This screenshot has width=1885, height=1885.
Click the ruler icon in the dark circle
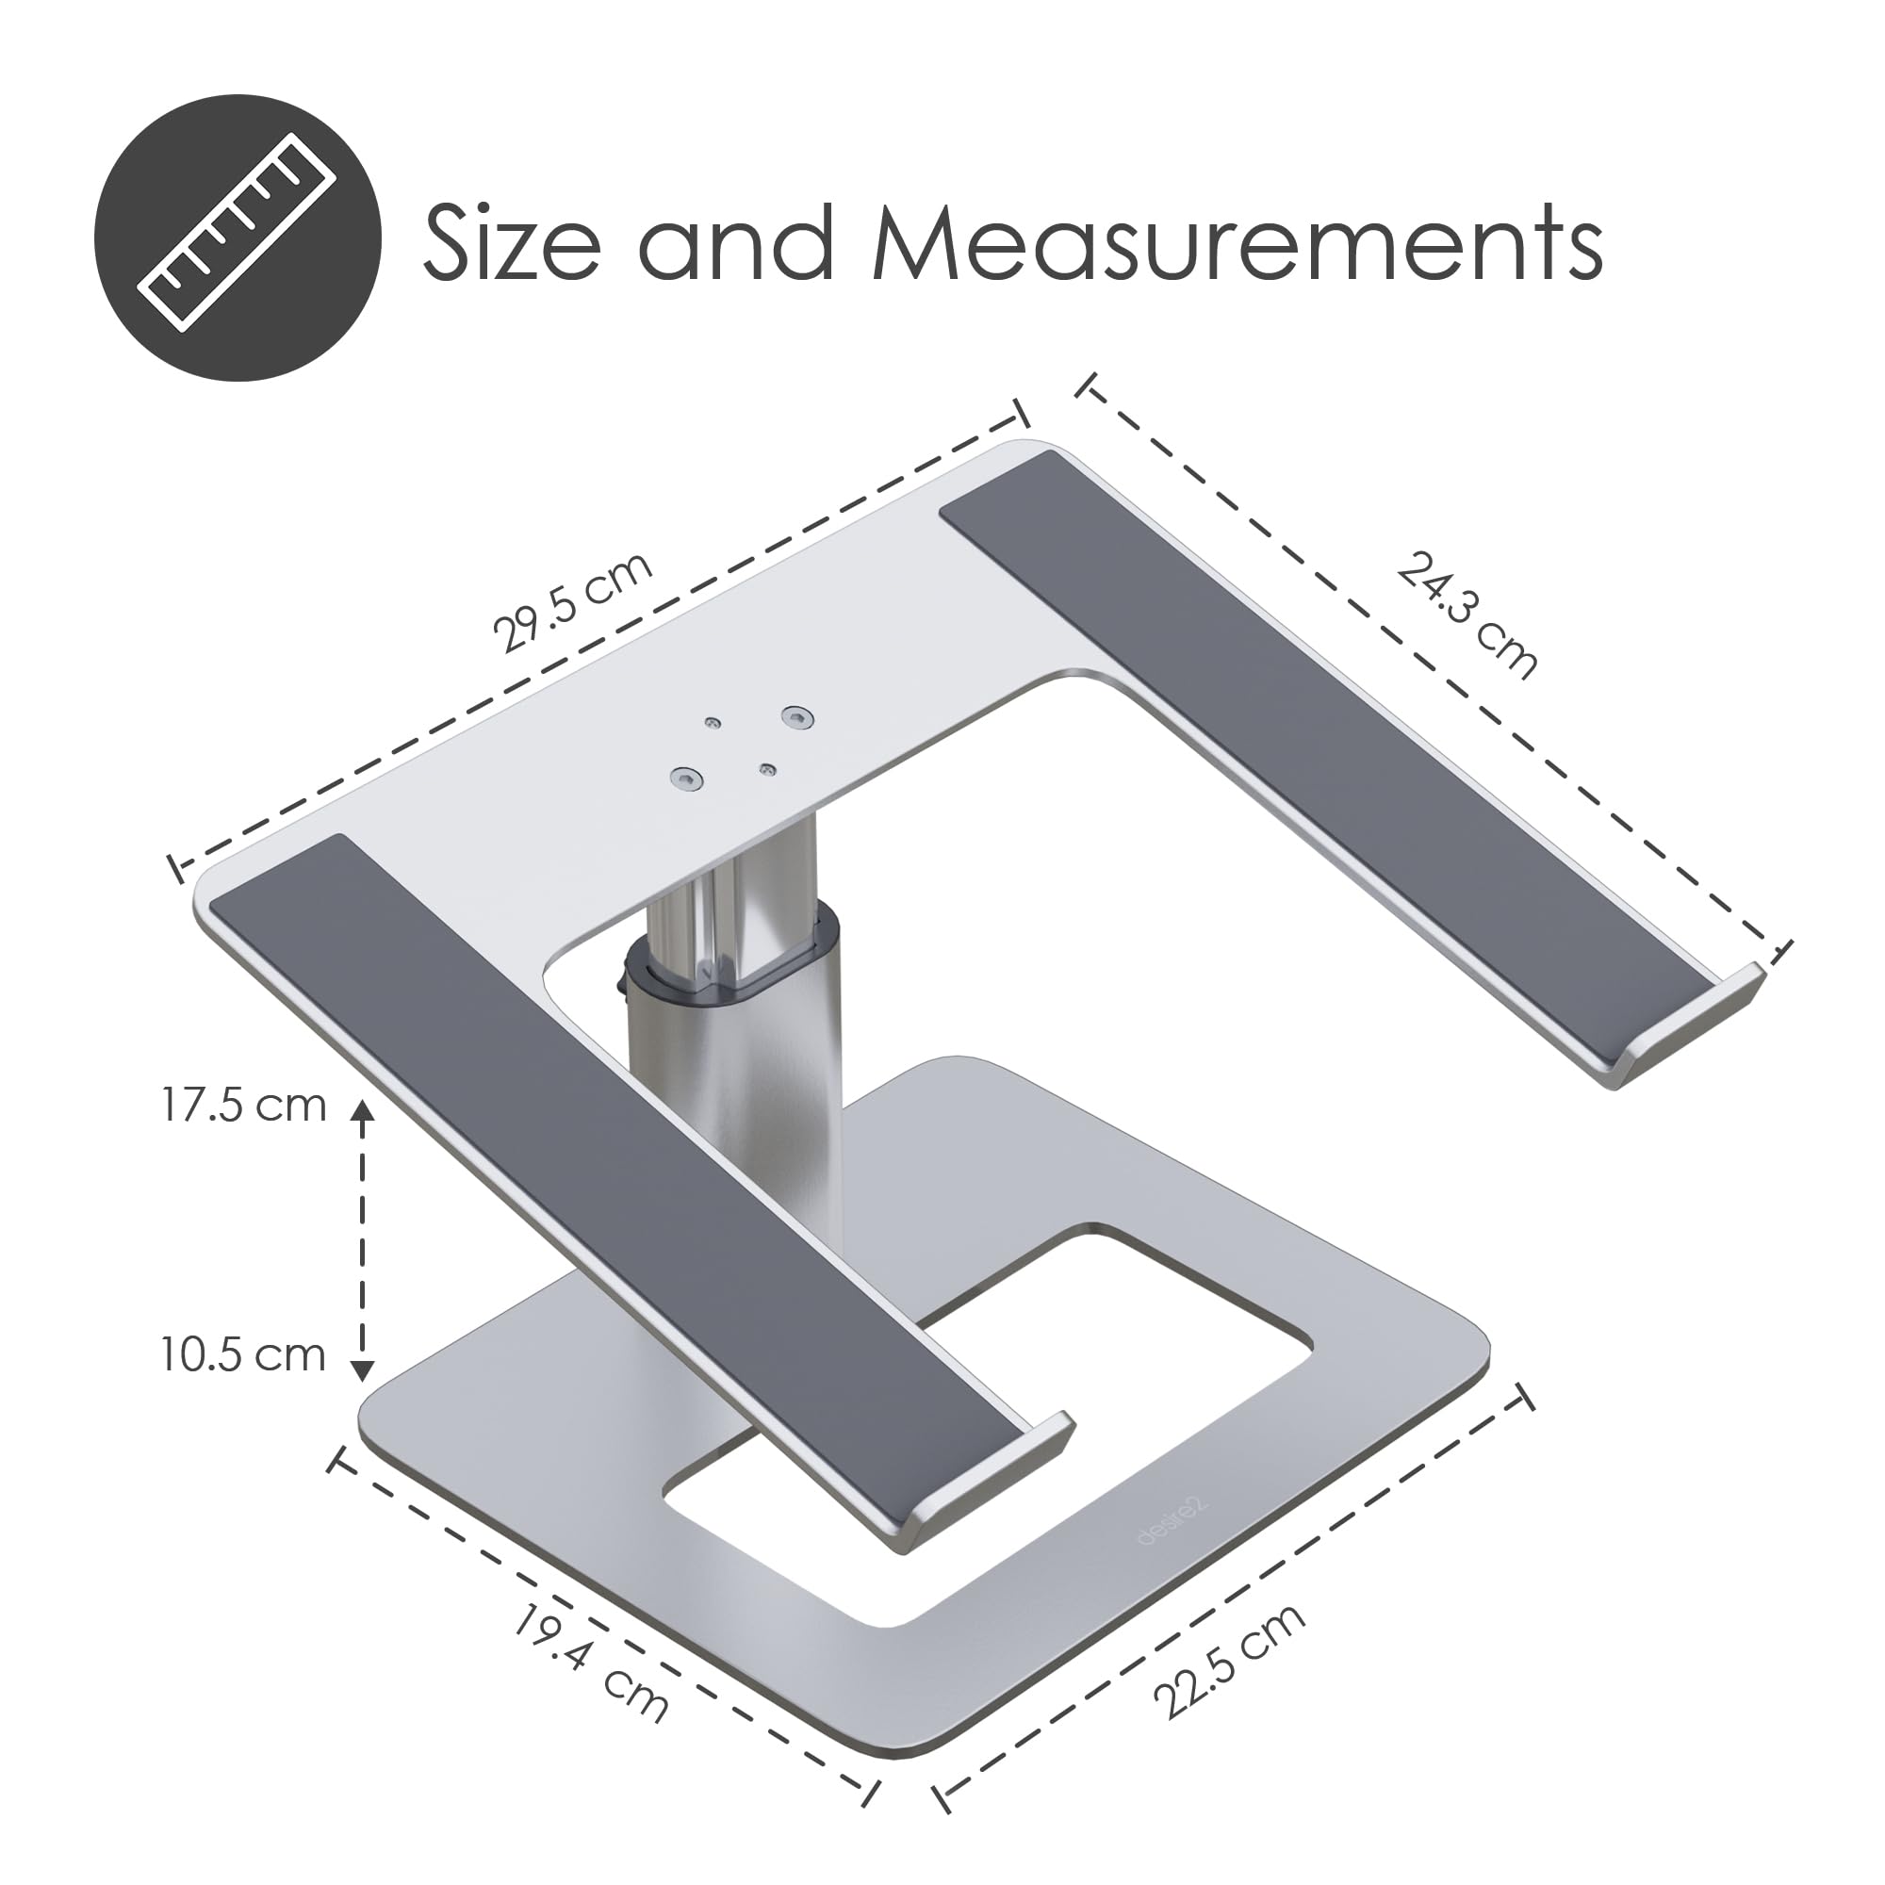point(238,238)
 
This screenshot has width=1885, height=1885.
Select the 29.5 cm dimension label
point(572,603)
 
